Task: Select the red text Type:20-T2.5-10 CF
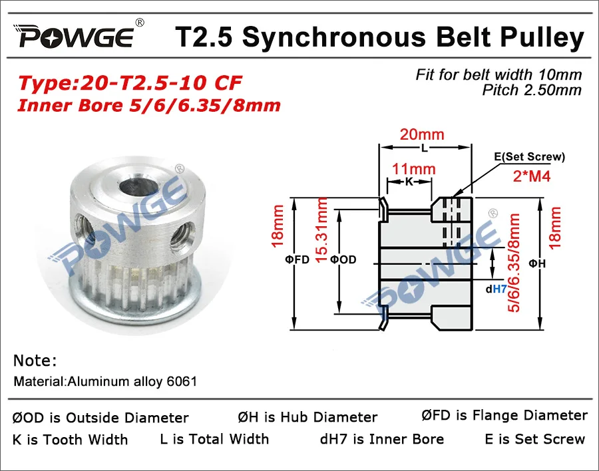pyautogui.click(x=130, y=84)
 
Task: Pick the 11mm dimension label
pyautogui.click(x=411, y=170)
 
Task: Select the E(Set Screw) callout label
pyautogui.click(x=530, y=157)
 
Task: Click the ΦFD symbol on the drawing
pyautogui.click(x=298, y=260)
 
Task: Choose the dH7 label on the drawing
pyautogui.click(x=497, y=289)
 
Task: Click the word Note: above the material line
pyautogui.click(x=35, y=361)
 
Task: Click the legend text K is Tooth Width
pyautogui.click(x=70, y=440)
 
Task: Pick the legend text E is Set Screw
pyautogui.click(x=534, y=439)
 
